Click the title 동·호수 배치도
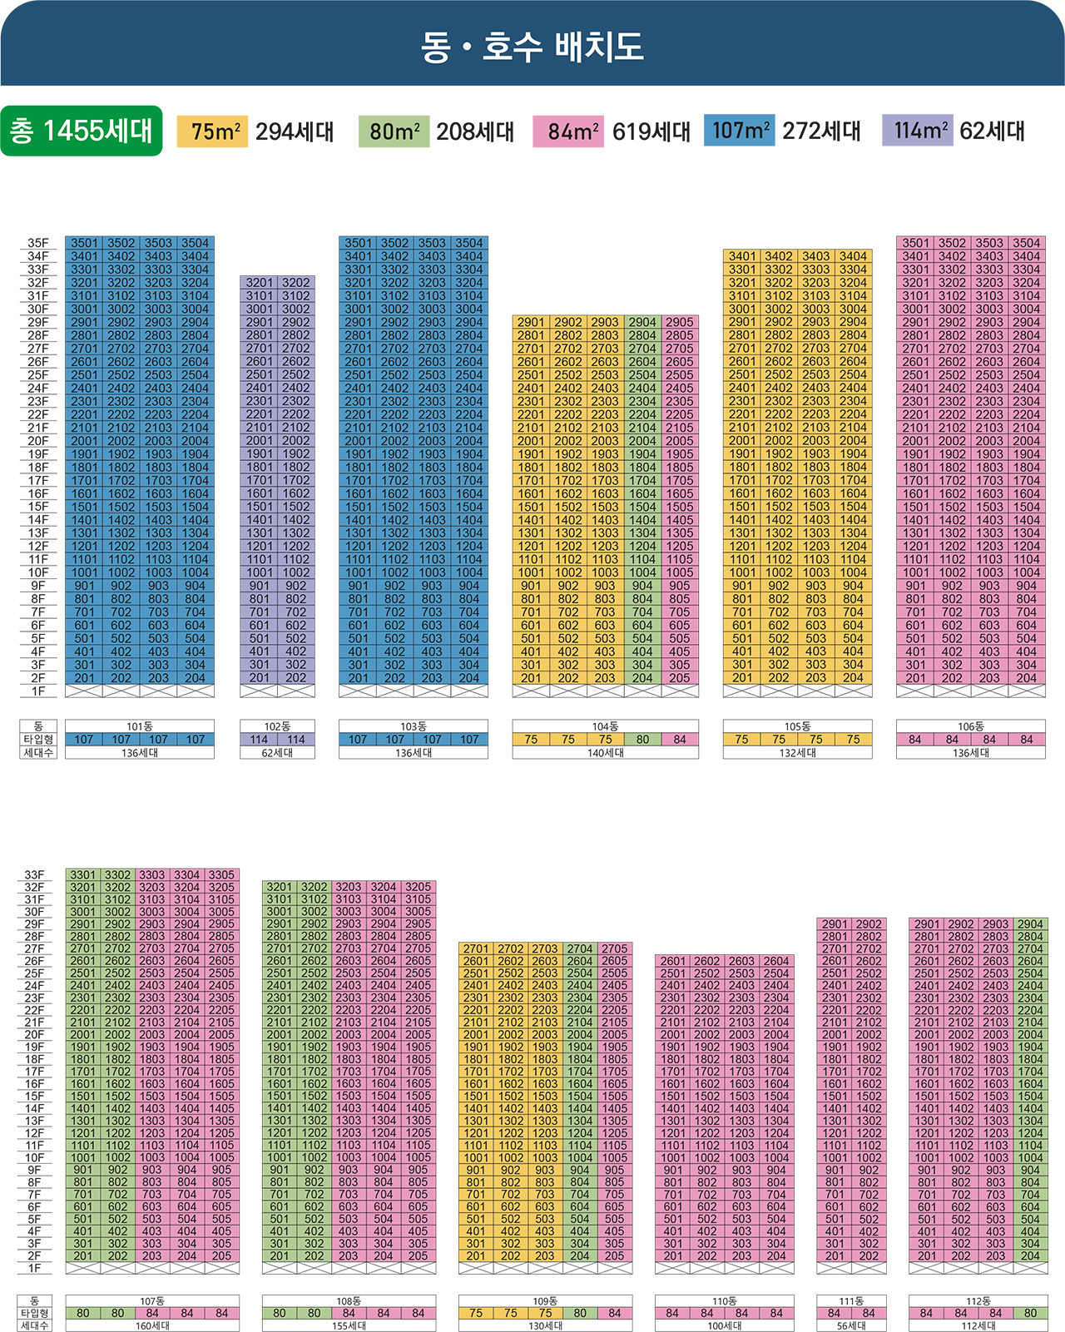pyautogui.click(x=532, y=47)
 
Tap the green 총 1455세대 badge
pyautogui.click(x=82, y=131)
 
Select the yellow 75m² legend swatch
pyautogui.click(x=212, y=131)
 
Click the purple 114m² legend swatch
pyautogui.click(x=917, y=131)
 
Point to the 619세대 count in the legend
pyautogui.click(x=651, y=131)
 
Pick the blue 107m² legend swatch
pyautogui.click(x=739, y=131)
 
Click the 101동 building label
pyautogui.click(x=140, y=726)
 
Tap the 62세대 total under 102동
pyautogui.click(x=277, y=753)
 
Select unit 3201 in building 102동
pyautogui.click(x=259, y=283)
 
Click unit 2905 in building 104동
pyautogui.click(x=680, y=322)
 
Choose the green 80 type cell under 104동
pyautogui.click(x=642, y=740)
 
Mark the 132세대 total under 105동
pyautogui.click(x=797, y=753)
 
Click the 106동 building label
pyautogui.click(x=971, y=726)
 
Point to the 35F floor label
pyautogui.click(x=38, y=243)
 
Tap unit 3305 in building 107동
pyautogui.click(x=221, y=875)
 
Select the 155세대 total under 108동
pyautogui.click(x=349, y=1326)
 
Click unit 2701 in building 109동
pyautogui.click(x=476, y=948)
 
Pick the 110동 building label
pyautogui.click(x=725, y=1301)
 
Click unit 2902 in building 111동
pyautogui.click(x=869, y=924)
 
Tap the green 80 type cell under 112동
pyautogui.click(x=1030, y=1314)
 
